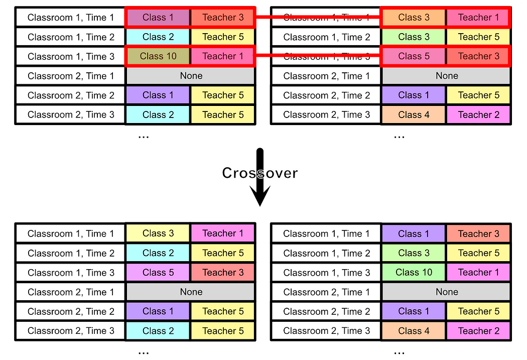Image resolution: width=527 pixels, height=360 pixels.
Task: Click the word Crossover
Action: [259, 173]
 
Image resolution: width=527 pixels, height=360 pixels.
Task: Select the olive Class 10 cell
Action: [158, 56]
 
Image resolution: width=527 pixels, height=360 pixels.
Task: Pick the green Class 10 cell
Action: [414, 273]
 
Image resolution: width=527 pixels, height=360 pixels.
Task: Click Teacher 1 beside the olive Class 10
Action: [223, 56]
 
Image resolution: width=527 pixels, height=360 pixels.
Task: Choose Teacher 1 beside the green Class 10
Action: [478, 273]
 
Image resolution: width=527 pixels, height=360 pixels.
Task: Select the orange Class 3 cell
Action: [414, 18]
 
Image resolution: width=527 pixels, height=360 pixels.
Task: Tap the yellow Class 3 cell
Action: [158, 233]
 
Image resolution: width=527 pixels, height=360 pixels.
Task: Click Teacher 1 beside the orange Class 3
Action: [478, 18]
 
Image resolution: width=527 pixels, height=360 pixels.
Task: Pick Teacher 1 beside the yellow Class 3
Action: [223, 233]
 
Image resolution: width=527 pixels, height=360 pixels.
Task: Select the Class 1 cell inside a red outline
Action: [158, 18]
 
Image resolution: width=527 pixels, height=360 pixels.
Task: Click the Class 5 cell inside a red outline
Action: [414, 56]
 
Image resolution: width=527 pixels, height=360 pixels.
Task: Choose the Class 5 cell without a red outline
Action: [158, 273]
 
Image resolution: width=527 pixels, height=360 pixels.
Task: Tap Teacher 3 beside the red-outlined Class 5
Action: [478, 56]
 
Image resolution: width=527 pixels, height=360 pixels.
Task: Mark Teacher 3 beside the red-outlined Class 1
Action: [223, 18]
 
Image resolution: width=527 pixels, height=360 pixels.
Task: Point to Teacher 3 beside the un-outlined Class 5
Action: [223, 273]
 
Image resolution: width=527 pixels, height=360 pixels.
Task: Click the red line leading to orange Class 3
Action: [266, 17]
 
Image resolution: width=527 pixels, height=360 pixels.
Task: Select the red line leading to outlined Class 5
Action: [266, 56]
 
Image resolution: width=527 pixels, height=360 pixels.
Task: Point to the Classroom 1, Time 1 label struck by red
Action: [326, 18]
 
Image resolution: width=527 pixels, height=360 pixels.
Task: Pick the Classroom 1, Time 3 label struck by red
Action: [326, 56]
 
